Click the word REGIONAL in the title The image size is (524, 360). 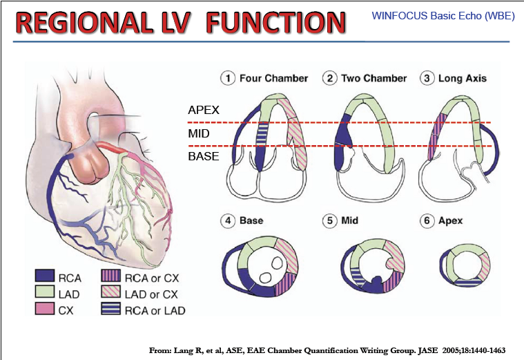(84, 22)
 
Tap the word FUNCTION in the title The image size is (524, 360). (276, 22)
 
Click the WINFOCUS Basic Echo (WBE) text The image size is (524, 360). (443, 16)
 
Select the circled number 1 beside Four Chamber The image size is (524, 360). (228, 78)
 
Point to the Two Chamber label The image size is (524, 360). (374, 78)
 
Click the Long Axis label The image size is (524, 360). (463, 78)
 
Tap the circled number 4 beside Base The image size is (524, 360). (228, 221)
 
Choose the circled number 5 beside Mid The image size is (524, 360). (330, 221)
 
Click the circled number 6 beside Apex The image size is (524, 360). (427, 221)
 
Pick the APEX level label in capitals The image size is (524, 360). (204, 110)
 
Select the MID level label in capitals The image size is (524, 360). (199, 133)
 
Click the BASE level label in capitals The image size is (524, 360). (204, 156)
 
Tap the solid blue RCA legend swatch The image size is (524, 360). (45, 276)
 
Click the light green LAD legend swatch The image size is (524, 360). (45, 292)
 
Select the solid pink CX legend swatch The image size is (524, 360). (45, 308)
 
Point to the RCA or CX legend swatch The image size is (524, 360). (111, 276)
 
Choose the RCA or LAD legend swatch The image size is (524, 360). (111, 308)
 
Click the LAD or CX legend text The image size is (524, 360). (151, 294)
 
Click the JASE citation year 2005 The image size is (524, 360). (451, 350)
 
